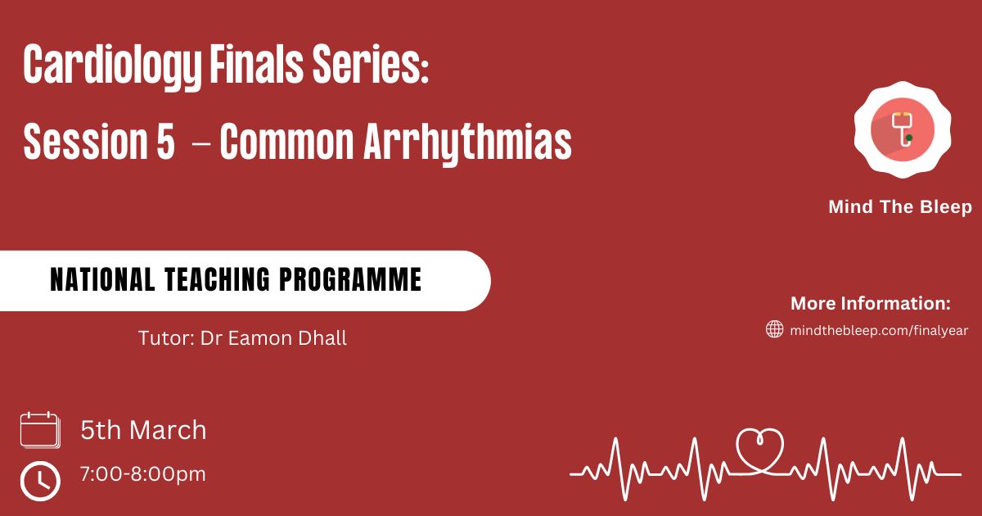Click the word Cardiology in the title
(x=112, y=66)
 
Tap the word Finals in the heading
(x=256, y=64)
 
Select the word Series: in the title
(x=371, y=64)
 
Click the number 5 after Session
(x=165, y=141)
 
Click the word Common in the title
(x=286, y=141)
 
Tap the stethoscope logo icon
(x=903, y=130)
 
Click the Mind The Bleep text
(x=900, y=206)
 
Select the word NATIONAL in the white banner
(x=102, y=279)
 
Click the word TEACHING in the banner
(x=218, y=279)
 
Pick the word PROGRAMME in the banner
(x=350, y=279)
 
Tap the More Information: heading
(x=871, y=303)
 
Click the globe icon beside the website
(x=775, y=328)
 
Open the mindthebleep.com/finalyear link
(x=879, y=330)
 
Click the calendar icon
(x=40, y=430)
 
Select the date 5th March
(x=143, y=429)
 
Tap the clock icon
(x=40, y=481)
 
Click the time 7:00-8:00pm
(x=143, y=474)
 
